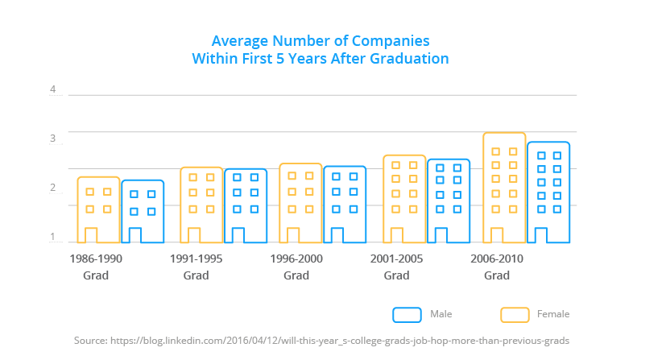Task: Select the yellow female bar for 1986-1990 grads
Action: pos(98,210)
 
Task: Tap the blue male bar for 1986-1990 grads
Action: pos(143,212)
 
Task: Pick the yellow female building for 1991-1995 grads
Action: pos(201,205)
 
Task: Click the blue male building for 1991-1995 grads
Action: pos(246,206)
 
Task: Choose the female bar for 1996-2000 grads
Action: pos(300,203)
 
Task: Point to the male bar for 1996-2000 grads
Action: pos(345,205)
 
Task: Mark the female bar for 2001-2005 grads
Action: pos(403,199)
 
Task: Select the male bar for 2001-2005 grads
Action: pos(448,201)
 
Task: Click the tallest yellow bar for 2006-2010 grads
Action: pos(504,188)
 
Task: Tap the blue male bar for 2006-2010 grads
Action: pos(548,192)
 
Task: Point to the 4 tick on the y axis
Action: pos(53,89)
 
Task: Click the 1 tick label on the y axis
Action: pos(53,237)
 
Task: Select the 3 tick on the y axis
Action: pos(53,139)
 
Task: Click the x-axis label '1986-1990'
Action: pos(96,259)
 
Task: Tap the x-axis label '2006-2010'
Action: pos(497,259)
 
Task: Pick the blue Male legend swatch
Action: pos(407,314)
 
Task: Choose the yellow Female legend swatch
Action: pos(515,314)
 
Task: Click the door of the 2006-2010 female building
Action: pos(497,235)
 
